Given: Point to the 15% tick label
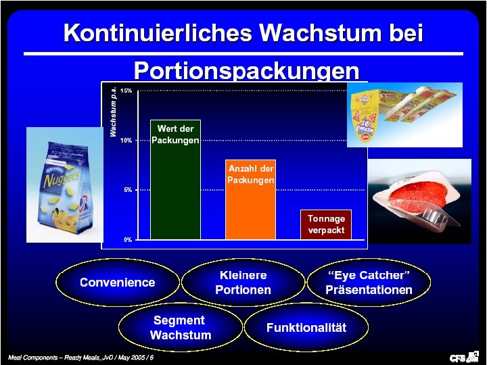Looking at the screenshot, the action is [x=126, y=90].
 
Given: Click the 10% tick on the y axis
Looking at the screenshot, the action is [x=126, y=141].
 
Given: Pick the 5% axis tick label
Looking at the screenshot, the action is [x=127, y=190].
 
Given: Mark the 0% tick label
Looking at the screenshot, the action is [x=127, y=240].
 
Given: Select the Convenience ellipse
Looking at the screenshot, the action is [x=118, y=283].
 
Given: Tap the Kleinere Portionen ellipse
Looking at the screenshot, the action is [x=243, y=283].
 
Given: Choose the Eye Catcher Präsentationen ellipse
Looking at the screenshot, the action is [x=369, y=283].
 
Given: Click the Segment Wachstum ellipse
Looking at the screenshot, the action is [x=180, y=328].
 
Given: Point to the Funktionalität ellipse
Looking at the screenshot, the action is [x=306, y=328].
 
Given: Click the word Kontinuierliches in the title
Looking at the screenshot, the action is [x=157, y=32].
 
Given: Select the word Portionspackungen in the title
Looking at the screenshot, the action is [x=246, y=70].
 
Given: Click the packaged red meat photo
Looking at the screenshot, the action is [x=423, y=200].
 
